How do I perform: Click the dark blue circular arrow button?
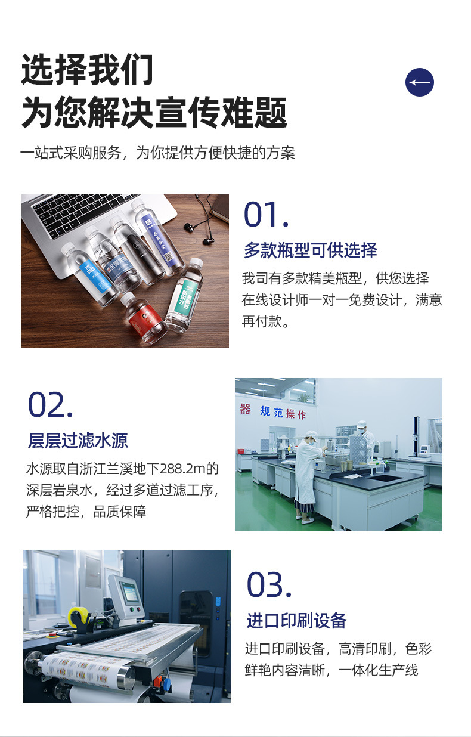tap(419, 82)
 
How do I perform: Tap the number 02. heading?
tap(51, 405)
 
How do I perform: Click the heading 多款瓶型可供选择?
tap(310, 250)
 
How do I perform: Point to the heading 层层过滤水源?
tap(78, 441)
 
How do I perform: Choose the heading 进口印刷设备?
tap(296, 621)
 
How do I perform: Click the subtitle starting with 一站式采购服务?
tap(157, 153)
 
